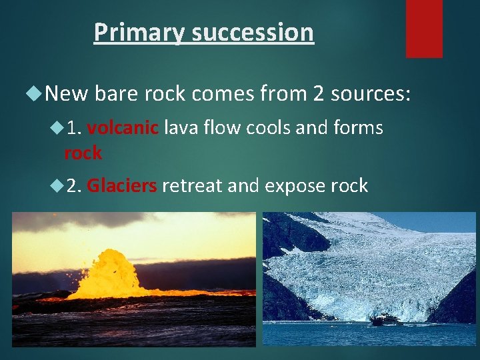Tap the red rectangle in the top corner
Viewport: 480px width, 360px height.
pyautogui.click(x=424, y=28)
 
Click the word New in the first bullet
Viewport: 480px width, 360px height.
pyautogui.click(x=67, y=94)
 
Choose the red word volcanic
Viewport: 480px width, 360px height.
pyautogui.click(x=122, y=127)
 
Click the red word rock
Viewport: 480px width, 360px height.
pyautogui.click(x=83, y=153)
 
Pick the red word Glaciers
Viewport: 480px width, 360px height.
pyautogui.click(x=122, y=185)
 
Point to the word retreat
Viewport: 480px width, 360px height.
pyautogui.click(x=192, y=185)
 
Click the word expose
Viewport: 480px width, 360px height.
pyautogui.click(x=295, y=185)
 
